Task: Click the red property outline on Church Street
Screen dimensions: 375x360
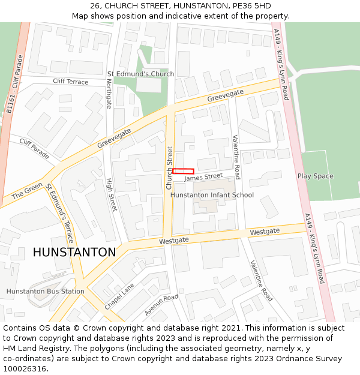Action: [x=183, y=172]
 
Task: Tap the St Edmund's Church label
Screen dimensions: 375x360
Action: [x=140, y=74]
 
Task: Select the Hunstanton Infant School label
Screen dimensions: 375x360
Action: [x=212, y=195]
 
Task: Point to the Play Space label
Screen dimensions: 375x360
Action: [x=315, y=176]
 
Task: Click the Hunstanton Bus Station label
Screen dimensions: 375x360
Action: [x=45, y=292]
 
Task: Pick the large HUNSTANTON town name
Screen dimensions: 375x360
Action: [x=74, y=253]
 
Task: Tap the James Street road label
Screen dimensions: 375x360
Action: [x=203, y=177]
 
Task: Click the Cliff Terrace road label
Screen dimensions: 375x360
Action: [x=70, y=82]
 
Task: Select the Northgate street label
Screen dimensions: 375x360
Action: [x=109, y=95]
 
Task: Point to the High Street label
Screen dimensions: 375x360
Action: [x=111, y=194]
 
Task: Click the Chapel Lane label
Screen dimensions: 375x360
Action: [x=119, y=297]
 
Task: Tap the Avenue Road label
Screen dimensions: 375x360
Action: [x=161, y=305]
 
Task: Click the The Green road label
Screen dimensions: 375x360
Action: [x=27, y=190]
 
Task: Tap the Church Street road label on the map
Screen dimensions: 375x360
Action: [x=170, y=168]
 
